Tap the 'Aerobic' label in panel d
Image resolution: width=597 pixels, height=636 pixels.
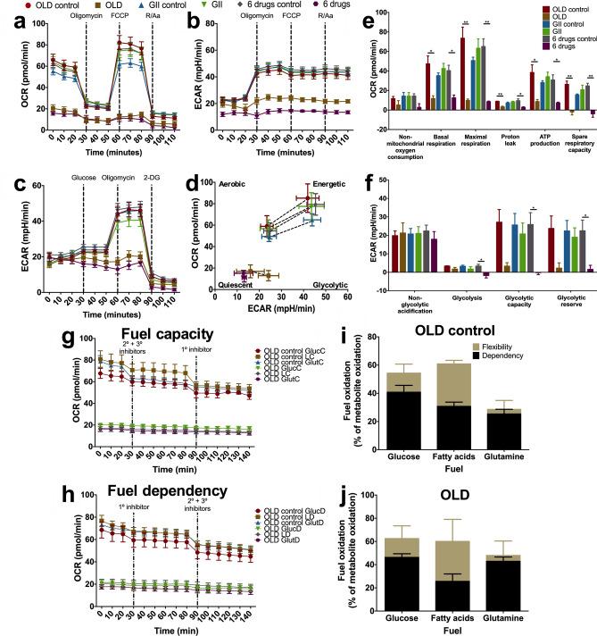coord(235,183)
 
